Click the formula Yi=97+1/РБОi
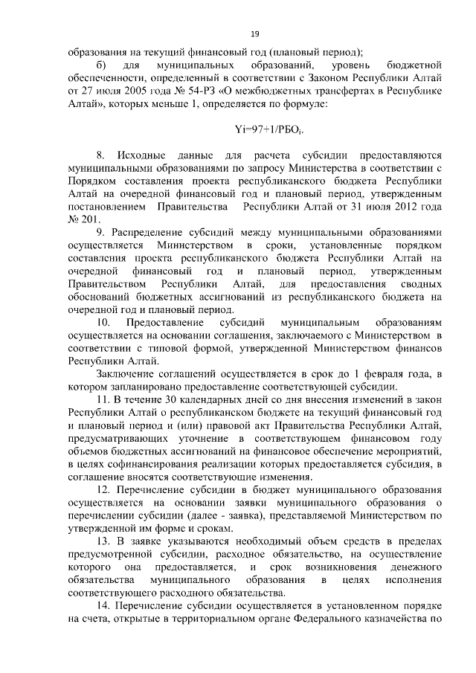tap(271, 128)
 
